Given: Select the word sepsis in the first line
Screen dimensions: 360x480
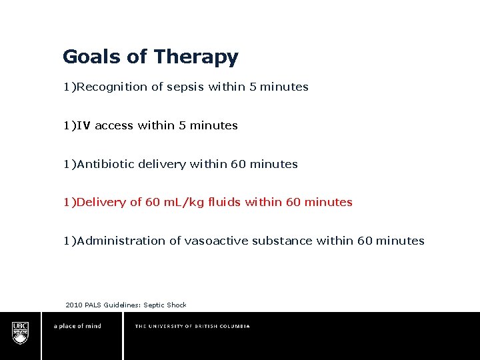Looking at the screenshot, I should pyautogui.click(x=185, y=87).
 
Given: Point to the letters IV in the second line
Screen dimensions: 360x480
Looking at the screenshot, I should pyautogui.click(x=84, y=125).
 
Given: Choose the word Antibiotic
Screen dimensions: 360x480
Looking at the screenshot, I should pyautogui.click(x=106, y=164).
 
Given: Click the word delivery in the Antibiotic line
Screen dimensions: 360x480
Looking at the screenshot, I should pyautogui.click(x=162, y=164).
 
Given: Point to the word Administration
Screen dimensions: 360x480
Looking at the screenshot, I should pyautogui.click(x=121, y=241).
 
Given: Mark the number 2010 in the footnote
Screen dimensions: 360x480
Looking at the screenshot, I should pyautogui.click(x=74, y=305).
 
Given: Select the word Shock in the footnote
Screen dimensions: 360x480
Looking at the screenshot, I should pyautogui.click(x=177, y=305).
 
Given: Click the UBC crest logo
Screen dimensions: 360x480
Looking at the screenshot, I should pyautogui.click(x=21, y=331).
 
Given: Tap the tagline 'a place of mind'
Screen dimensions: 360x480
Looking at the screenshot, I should pyautogui.click(x=77, y=327).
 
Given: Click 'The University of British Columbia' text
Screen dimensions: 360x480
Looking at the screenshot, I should pyautogui.click(x=192, y=327).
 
